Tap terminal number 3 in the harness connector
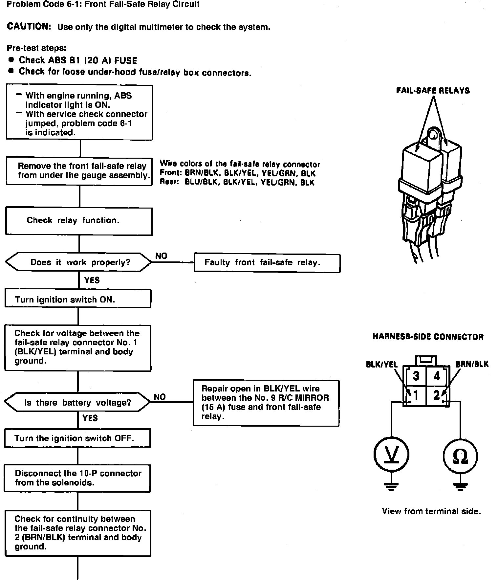[416, 376]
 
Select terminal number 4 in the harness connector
[437, 376]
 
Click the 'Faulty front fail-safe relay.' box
[267, 262]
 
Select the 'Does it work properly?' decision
[79, 262]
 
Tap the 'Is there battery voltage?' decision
[77, 402]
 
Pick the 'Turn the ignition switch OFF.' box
[77, 438]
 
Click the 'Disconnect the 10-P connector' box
[77, 478]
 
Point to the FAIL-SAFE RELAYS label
[433, 91]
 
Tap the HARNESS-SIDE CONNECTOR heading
[428, 337]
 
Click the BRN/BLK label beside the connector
[471, 364]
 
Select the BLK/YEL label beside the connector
[381, 365]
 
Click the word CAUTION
[29, 27]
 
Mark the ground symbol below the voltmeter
[391, 486]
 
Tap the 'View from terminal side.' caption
[431, 511]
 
